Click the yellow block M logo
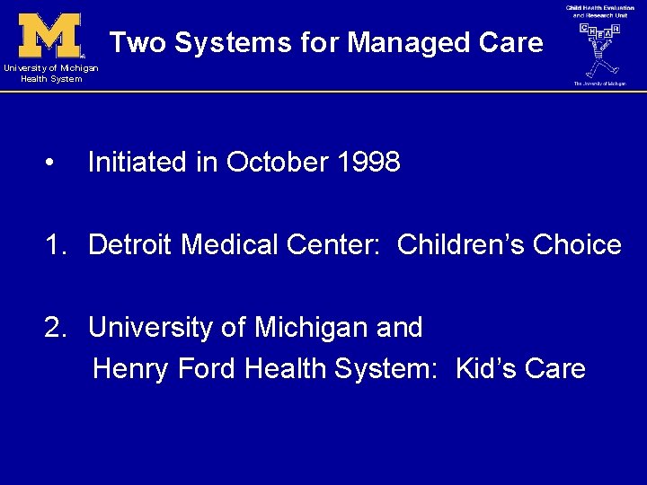50,35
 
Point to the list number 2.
56,328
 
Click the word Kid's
483,369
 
